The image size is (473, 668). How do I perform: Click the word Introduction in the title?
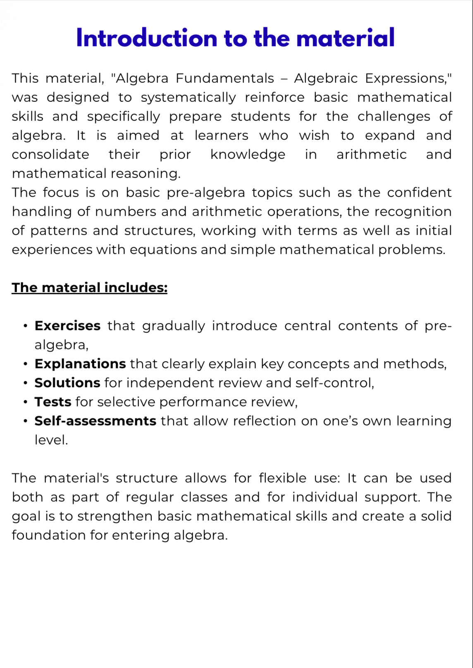pyautogui.click(x=147, y=38)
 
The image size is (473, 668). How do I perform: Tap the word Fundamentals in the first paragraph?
pyautogui.click(x=225, y=78)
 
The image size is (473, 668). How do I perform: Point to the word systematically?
pyautogui.click(x=188, y=98)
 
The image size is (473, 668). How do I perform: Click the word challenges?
pyautogui.click(x=394, y=117)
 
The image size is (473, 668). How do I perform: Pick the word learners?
pyautogui.click(x=222, y=136)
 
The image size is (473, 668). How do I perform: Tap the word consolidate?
pyautogui.click(x=50, y=155)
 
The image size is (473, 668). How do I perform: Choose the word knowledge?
pyautogui.click(x=248, y=155)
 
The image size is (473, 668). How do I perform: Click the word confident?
pyautogui.click(x=419, y=193)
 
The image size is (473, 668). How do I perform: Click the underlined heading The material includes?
pyautogui.click(x=89, y=288)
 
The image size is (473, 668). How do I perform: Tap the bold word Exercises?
pyautogui.click(x=67, y=326)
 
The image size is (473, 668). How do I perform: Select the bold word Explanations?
pyautogui.click(x=80, y=364)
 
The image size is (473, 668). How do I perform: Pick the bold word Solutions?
pyautogui.click(x=67, y=383)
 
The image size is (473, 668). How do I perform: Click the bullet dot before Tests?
pyautogui.click(x=26, y=402)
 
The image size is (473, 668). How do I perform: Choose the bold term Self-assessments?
pyautogui.click(x=96, y=421)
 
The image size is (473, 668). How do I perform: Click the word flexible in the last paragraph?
pyautogui.click(x=283, y=478)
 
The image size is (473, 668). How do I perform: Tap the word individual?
pyautogui.click(x=325, y=497)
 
